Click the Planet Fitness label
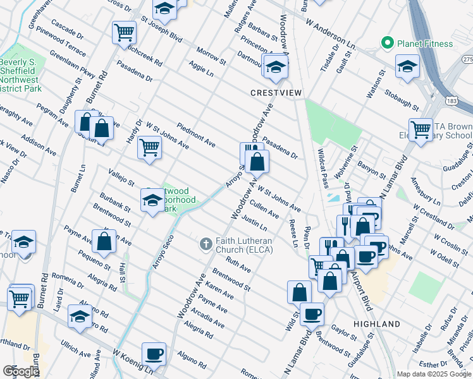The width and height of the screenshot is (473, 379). point(424,44)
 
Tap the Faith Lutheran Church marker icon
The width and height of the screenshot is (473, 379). point(206,243)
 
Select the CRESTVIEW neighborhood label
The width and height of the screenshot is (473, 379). point(276,92)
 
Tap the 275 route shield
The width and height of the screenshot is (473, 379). point(467,59)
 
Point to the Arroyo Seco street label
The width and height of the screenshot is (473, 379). point(163,253)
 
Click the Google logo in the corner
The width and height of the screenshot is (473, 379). point(20,371)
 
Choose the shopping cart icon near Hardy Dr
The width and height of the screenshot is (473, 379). point(149,148)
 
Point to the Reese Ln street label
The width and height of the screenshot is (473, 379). point(293,233)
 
